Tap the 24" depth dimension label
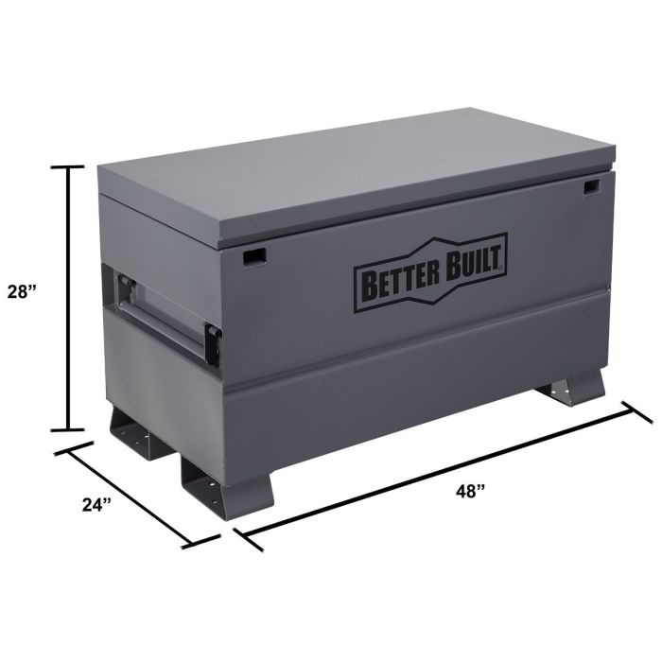click(96, 504)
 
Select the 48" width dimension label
click(471, 491)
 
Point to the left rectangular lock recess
click(254, 256)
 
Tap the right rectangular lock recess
click(591, 187)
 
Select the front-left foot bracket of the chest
click(228, 485)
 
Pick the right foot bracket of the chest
click(571, 388)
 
